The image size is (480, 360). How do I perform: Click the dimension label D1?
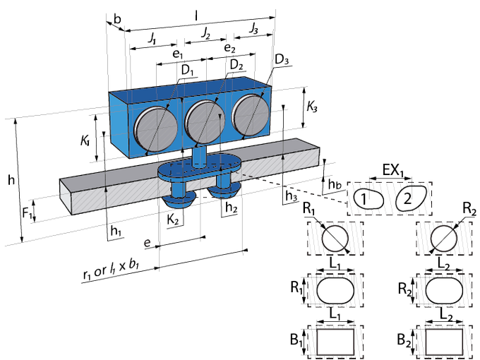coord(188,71)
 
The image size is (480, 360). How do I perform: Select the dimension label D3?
coord(282,60)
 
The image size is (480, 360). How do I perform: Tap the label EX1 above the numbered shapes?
coord(393,171)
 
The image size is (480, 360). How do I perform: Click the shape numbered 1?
coord(368,199)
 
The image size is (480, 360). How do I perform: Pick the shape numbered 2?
coord(411,198)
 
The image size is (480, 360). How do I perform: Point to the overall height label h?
coord(11,180)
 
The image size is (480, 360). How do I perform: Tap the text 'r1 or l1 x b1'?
coord(111,270)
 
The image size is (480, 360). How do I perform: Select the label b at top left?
coord(117,19)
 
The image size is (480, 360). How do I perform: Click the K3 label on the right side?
coord(312,107)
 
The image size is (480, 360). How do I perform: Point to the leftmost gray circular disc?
coord(156,129)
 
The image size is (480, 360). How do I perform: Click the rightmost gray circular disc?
coord(251,115)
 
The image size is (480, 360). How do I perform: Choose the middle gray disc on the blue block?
coord(205,123)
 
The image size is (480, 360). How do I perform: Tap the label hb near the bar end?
coord(335,184)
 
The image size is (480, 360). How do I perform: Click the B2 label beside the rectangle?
coord(404,340)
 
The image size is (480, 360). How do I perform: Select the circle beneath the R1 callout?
coord(335,239)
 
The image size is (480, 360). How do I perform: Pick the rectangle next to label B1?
coord(335,342)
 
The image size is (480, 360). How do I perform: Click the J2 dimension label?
coord(205,33)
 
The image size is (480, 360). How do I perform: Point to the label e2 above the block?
coord(229,48)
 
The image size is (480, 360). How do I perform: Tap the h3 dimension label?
coord(291,196)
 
